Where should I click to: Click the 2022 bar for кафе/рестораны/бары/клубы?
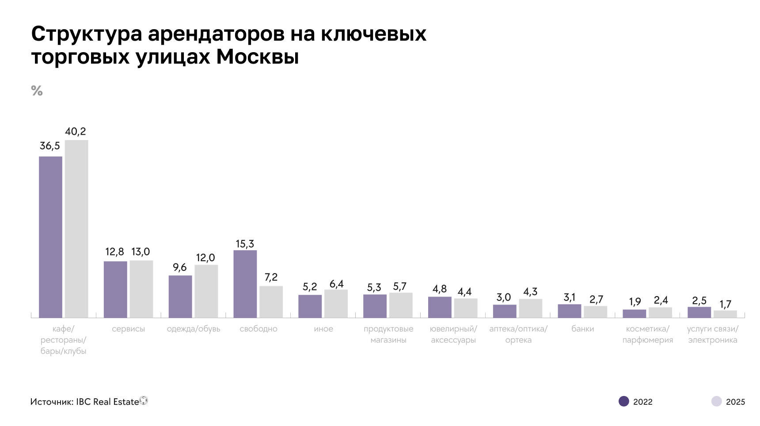pyautogui.click(x=50, y=237)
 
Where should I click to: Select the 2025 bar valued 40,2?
pyautogui.click(x=76, y=229)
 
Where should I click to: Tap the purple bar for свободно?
pyautogui.click(x=245, y=284)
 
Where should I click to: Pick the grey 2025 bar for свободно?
pyautogui.click(x=271, y=302)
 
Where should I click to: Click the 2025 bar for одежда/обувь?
pyautogui.click(x=206, y=291)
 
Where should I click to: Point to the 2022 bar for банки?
pyautogui.click(x=569, y=311)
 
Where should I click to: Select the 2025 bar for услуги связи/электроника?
pyautogui.click(x=725, y=314)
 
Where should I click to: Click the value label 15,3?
pyautogui.click(x=245, y=244)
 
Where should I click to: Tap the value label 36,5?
pyautogui.click(x=50, y=146)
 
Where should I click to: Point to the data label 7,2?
pyautogui.click(x=271, y=278)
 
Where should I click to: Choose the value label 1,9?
pyautogui.click(x=635, y=302)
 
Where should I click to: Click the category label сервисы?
pyautogui.click(x=128, y=329)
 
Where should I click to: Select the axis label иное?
pyautogui.click(x=323, y=329)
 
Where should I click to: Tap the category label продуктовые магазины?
pyautogui.click(x=388, y=335)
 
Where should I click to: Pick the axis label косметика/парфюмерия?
pyautogui.click(x=648, y=335)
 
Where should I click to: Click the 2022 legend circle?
pyautogui.click(x=623, y=401)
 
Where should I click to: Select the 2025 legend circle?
pyautogui.click(x=716, y=401)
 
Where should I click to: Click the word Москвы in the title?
pyautogui.click(x=257, y=57)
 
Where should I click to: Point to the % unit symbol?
pyautogui.click(x=37, y=91)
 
